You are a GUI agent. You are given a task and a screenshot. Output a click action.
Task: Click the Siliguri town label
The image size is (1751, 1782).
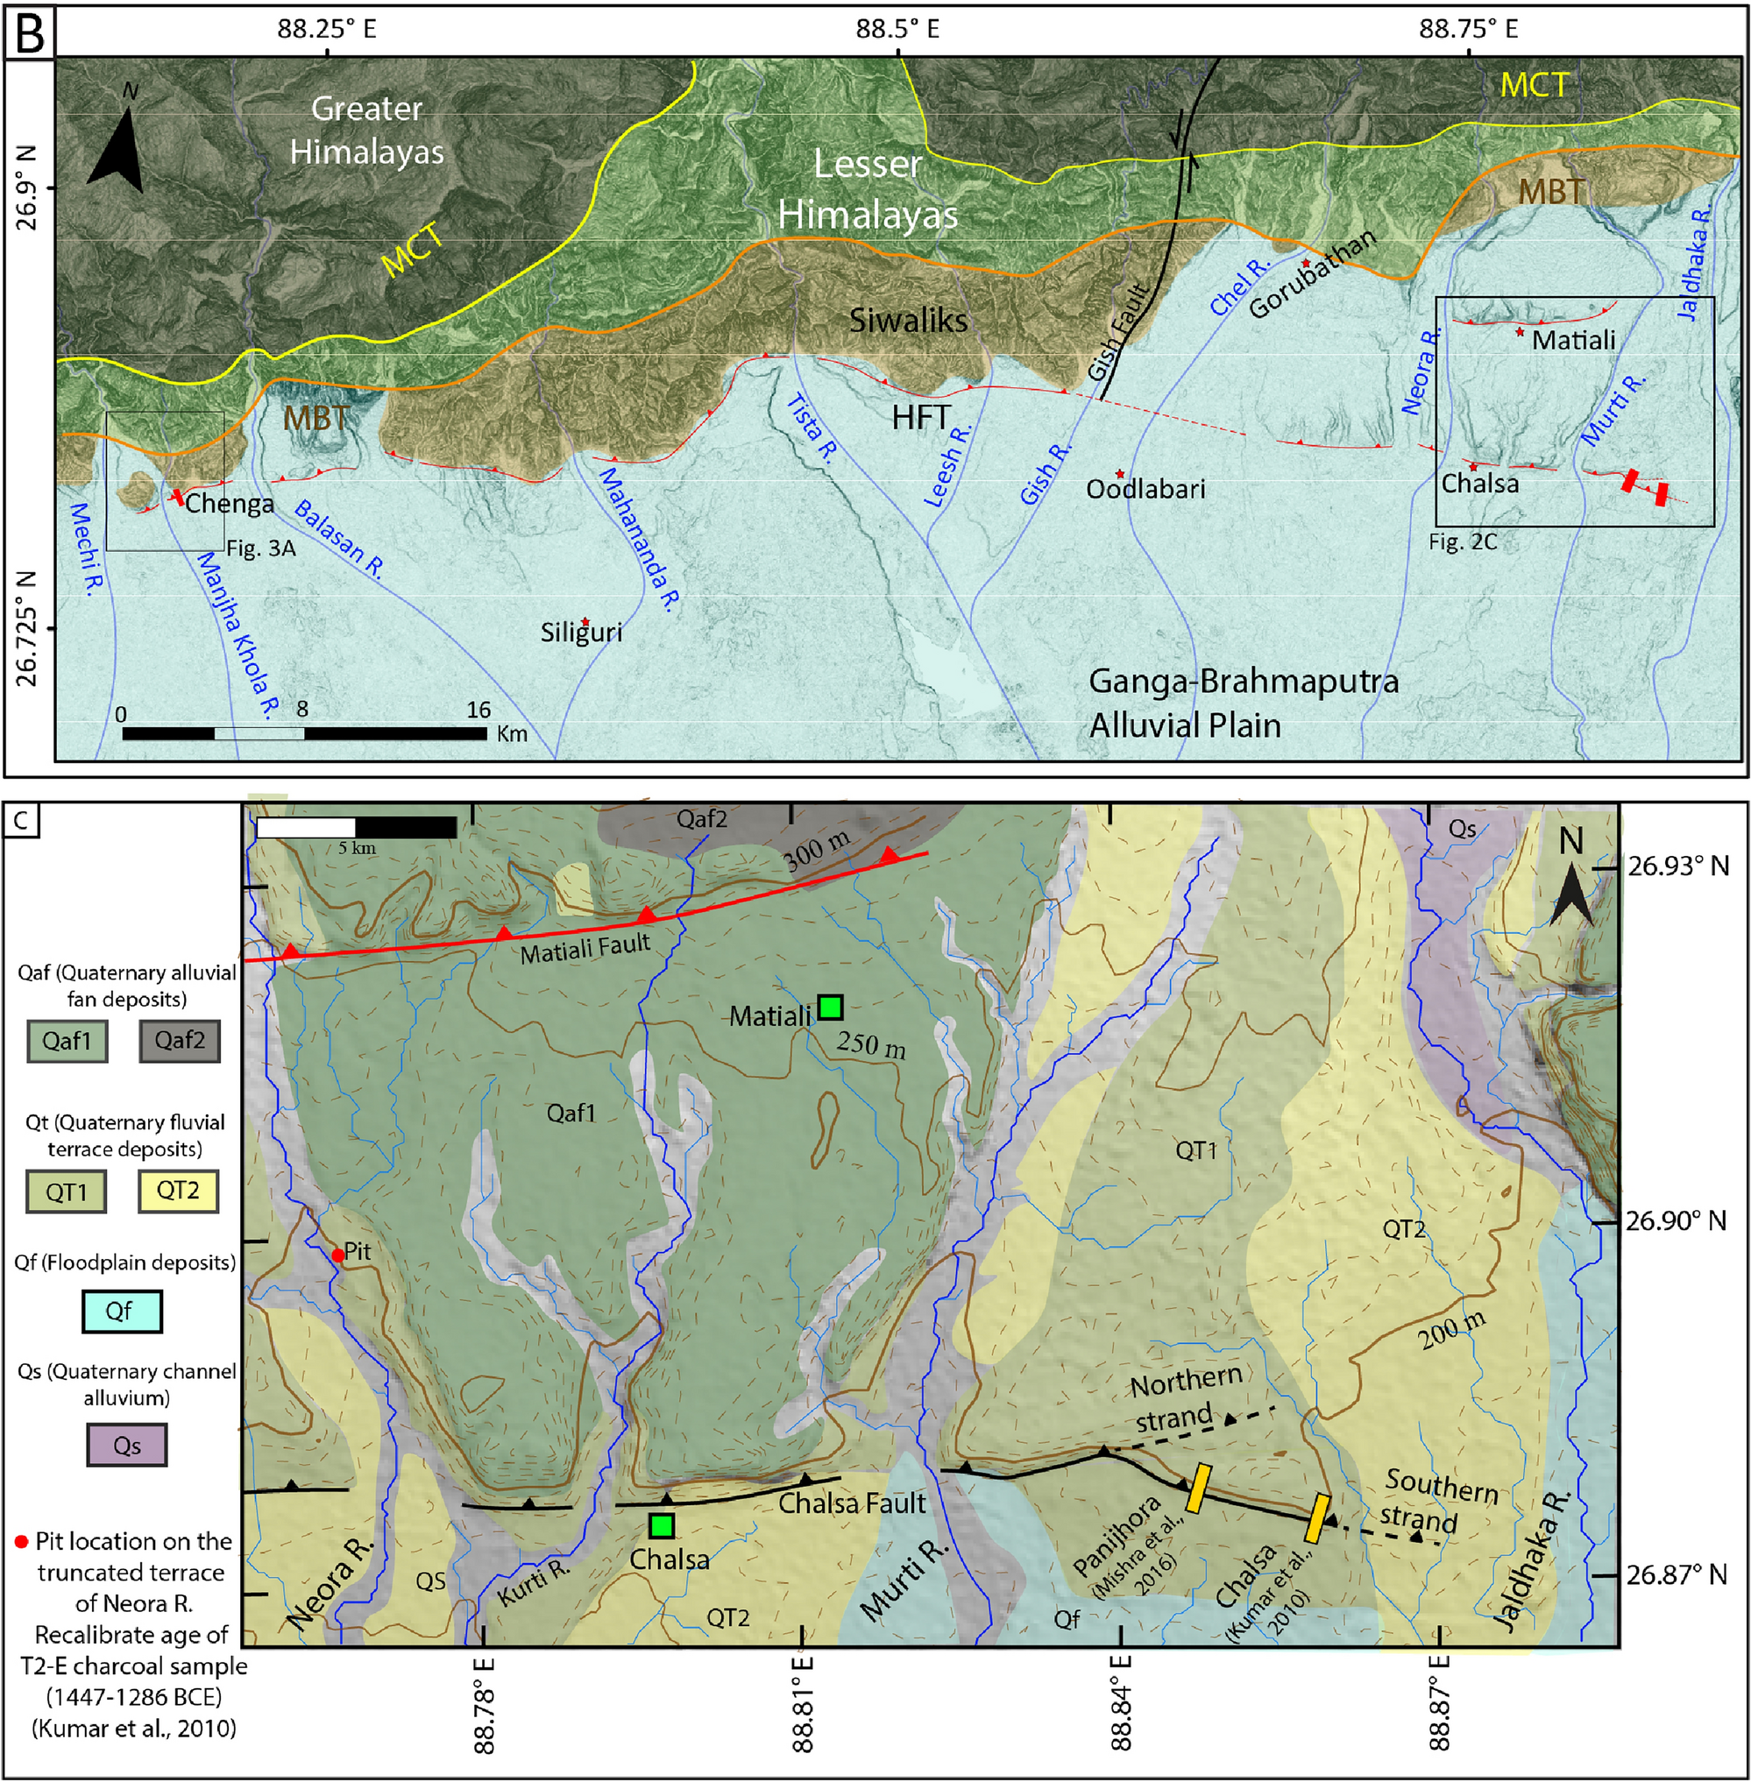[x=580, y=633]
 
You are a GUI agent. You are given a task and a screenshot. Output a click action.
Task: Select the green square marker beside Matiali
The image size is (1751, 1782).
[x=831, y=1007]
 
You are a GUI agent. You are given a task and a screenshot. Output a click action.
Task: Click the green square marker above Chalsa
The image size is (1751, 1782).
[x=661, y=1525]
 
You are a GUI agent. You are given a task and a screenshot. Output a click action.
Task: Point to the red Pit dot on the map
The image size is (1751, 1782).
[x=337, y=1255]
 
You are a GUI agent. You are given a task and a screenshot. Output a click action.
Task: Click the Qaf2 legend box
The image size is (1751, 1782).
[x=180, y=1041]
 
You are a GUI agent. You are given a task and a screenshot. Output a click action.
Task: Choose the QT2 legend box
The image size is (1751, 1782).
[x=178, y=1192]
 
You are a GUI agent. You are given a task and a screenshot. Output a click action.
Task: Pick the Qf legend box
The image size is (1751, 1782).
[x=122, y=1312]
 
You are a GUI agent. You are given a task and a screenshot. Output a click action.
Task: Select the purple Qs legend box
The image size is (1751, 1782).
[x=127, y=1446]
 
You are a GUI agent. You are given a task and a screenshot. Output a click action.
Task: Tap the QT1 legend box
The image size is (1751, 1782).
[x=67, y=1192]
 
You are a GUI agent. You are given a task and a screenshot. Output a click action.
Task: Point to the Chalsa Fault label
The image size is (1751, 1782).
[x=852, y=1503]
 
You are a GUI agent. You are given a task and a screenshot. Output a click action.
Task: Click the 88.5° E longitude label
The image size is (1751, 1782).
[x=897, y=29]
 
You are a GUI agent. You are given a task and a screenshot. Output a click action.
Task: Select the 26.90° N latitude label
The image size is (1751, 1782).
[x=1676, y=1220]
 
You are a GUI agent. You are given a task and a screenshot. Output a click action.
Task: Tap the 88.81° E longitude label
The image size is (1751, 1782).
[x=803, y=1703]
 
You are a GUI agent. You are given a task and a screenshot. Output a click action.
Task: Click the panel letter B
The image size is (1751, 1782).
[x=30, y=32]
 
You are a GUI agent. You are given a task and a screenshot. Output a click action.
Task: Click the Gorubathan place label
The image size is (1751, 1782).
[x=1312, y=273]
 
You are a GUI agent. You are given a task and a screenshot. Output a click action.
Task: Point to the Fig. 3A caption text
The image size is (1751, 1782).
[x=261, y=549]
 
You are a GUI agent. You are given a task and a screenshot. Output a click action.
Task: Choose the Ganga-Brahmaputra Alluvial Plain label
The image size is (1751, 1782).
[x=1243, y=704]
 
